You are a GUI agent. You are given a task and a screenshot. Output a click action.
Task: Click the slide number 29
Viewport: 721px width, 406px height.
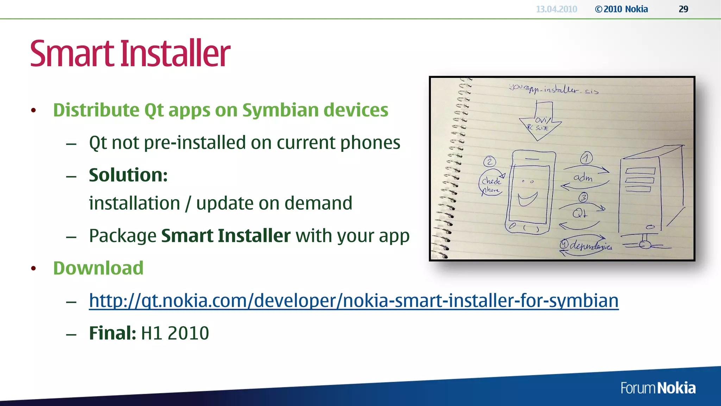pos(683,9)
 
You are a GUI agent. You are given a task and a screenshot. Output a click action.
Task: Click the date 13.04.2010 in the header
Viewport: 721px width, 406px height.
pos(556,9)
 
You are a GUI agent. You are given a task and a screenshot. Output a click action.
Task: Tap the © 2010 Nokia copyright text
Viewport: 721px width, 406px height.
pos(621,9)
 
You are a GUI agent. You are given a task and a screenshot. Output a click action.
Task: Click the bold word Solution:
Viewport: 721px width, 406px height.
pos(128,175)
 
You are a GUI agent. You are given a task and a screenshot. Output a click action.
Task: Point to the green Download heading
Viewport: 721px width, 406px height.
pos(98,268)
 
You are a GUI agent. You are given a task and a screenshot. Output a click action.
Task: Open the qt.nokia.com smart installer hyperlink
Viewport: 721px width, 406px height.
pos(353,301)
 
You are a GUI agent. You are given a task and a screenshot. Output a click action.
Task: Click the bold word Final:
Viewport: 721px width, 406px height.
pos(112,333)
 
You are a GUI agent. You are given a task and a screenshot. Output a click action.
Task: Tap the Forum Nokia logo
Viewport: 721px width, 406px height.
pos(658,388)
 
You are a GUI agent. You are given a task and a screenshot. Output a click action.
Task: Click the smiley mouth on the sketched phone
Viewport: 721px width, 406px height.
pos(527,200)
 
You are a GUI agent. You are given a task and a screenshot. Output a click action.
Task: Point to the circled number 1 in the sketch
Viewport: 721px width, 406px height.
pos(587,158)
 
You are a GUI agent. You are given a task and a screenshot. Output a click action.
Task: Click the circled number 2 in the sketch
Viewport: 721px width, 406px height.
pos(489,162)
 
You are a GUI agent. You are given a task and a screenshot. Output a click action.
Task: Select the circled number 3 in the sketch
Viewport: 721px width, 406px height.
pos(583,197)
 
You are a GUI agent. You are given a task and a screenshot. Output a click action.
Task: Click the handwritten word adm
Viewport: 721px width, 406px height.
pos(583,178)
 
